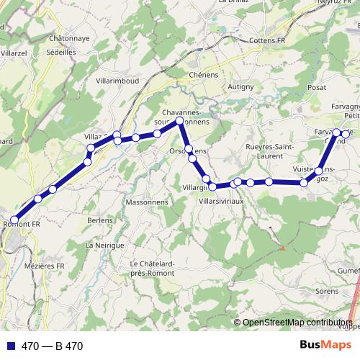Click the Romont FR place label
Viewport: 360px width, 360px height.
[x=22, y=225]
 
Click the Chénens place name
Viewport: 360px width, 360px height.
[x=202, y=74]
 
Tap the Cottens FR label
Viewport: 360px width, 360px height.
[x=266, y=41]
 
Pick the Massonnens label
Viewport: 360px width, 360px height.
[x=146, y=202]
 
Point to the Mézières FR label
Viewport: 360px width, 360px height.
[x=45, y=266]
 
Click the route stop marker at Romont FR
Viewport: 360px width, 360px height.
[x=14, y=220]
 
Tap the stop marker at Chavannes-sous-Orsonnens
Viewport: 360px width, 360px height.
[x=180, y=121]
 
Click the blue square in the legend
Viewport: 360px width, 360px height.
[x=13, y=346]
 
